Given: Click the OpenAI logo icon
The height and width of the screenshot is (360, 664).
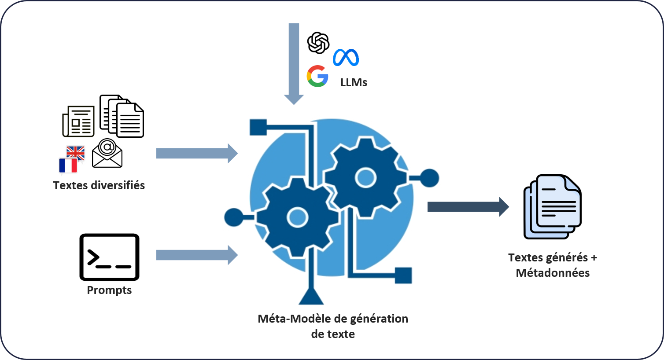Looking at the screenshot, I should pyautogui.click(x=318, y=43).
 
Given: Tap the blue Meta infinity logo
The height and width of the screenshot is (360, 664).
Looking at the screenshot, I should pyautogui.click(x=346, y=58).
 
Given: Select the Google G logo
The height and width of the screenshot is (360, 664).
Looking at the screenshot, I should pyautogui.click(x=317, y=76).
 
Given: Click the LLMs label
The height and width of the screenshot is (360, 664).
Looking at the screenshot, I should pyautogui.click(x=354, y=82).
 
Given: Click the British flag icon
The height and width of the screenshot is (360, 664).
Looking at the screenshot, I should pyautogui.click(x=76, y=152).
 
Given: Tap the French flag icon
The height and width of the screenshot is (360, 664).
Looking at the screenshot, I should pyautogui.click(x=68, y=165).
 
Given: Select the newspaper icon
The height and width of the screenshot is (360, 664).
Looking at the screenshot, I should pyautogui.click(x=78, y=121).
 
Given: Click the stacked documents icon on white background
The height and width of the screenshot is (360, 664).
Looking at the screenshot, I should pyautogui.click(x=122, y=116).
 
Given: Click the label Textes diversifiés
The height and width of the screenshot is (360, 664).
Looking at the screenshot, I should pyautogui.click(x=99, y=185).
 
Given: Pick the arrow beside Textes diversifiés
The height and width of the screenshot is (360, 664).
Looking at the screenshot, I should pyautogui.click(x=196, y=153).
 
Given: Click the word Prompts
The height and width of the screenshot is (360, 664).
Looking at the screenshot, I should pyautogui.click(x=109, y=290).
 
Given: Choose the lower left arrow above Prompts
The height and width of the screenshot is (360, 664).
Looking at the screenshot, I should pyautogui.click(x=196, y=255).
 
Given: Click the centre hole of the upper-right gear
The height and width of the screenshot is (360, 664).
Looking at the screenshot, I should pyautogui.click(x=365, y=178).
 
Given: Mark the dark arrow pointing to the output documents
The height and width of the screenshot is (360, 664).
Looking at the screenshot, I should pyautogui.click(x=468, y=206).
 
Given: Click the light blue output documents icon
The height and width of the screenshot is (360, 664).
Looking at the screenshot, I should pyautogui.click(x=552, y=206).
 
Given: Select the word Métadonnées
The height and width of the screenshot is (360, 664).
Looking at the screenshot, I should pyautogui.click(x=553, y=273).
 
